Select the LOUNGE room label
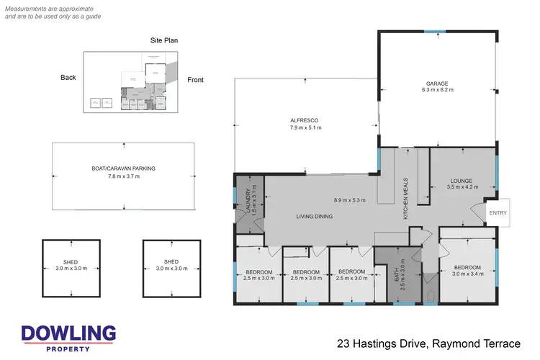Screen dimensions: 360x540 [x=462, y=180]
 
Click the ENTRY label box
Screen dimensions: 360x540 [x=498, y=212]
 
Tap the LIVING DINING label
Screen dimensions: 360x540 [x=315, y=216]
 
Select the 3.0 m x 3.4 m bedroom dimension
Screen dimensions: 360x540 [x=467, y=274]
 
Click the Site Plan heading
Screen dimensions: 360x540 [x=164, y=40]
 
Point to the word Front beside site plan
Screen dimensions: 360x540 [x=195, y=80]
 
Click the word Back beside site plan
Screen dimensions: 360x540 [x=68, y=78]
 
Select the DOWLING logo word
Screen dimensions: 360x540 [x=68, y=333]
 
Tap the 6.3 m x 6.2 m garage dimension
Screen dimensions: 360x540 [x=436, y=92]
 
